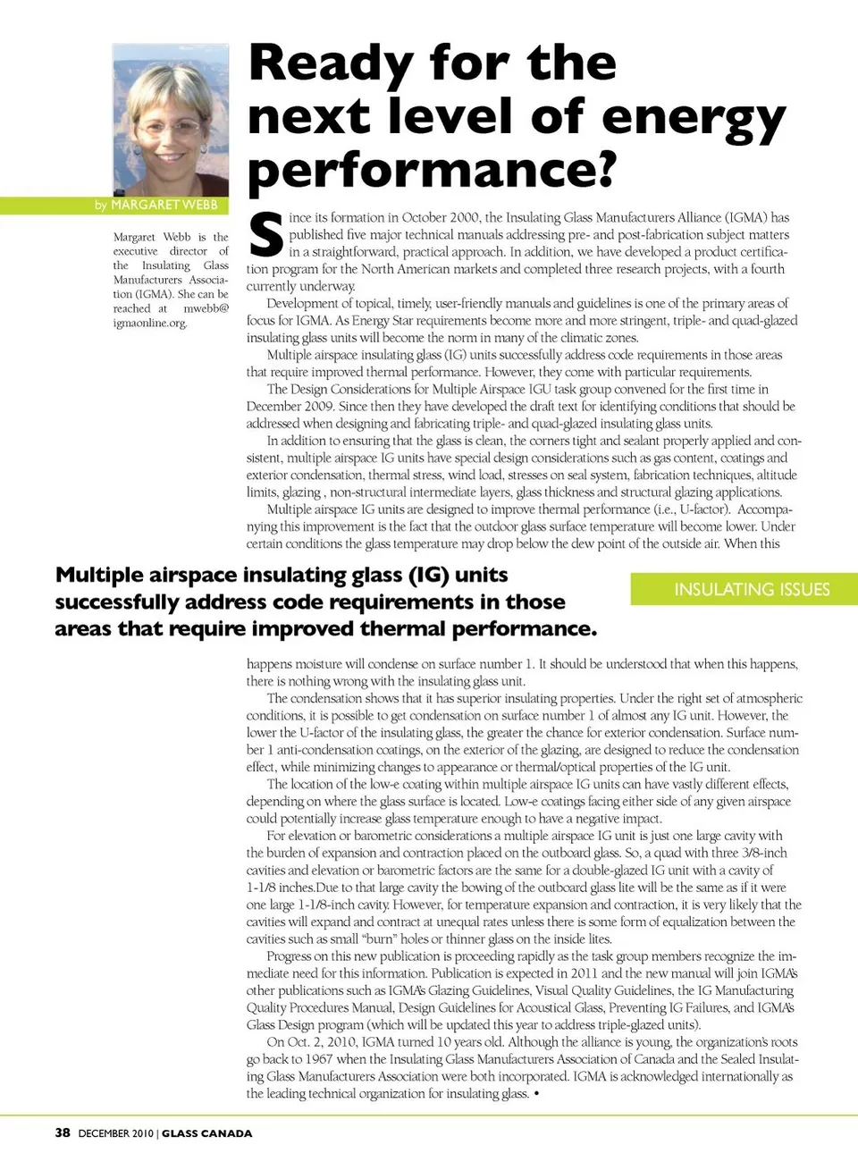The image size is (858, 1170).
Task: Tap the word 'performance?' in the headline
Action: (432, 170)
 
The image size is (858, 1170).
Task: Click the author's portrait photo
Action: (170, 120)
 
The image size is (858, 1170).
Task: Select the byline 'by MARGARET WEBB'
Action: (156, 205)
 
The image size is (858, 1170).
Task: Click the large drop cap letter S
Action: (265, 235)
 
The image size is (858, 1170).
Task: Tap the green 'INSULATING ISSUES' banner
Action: (752, 589)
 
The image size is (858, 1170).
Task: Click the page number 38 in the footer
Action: (63, 1132)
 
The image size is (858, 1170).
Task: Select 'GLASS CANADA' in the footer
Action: (206, 1133)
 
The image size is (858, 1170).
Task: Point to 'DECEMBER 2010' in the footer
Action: (115, 1133)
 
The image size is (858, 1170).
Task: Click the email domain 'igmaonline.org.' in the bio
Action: (150, 323)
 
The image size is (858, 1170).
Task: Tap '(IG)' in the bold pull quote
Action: (428, 575)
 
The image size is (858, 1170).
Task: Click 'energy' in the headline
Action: (694, 117)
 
